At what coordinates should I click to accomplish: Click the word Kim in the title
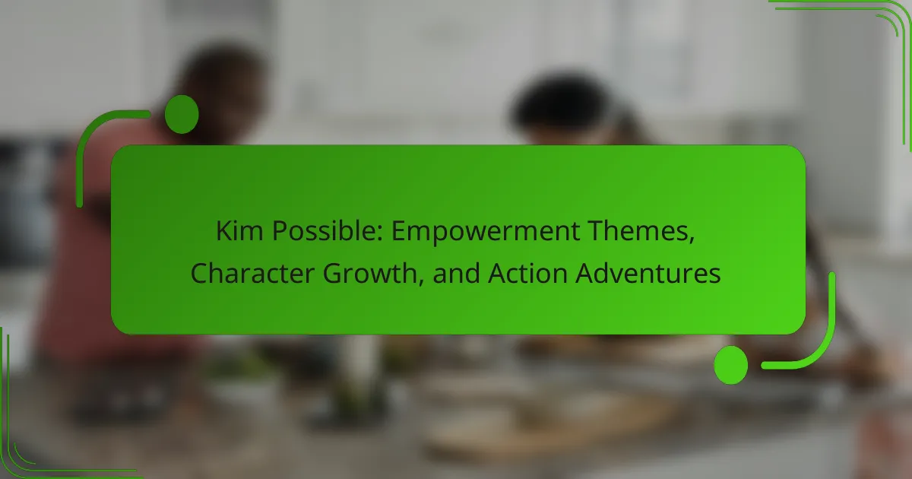[239, 230]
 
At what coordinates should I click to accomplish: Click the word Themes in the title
[638, 230]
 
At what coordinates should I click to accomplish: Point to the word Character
[252, 273]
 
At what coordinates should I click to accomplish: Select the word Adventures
[648, 273]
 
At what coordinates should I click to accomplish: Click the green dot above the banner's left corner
[182, 115]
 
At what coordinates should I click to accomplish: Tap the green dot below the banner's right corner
[731, 365]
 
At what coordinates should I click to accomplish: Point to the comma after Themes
[692, 240]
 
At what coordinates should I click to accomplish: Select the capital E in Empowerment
[397, 231]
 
